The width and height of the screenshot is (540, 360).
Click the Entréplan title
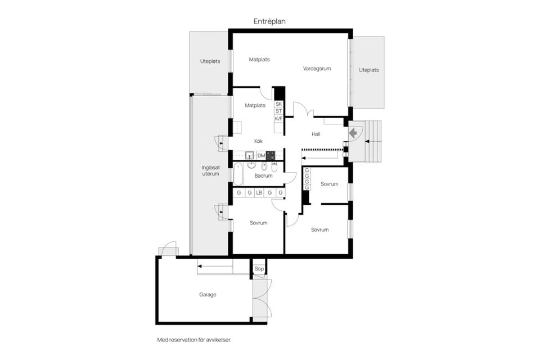coord(269,21)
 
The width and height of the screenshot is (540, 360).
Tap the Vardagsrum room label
coord(317,69)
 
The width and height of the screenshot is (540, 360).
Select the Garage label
coord(208,295)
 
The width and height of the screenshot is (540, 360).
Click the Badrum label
coord(263,175)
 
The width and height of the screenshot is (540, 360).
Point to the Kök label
coord(258,141)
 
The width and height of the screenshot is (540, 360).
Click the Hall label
coord(316,134)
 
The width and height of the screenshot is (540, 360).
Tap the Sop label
coord(259,269)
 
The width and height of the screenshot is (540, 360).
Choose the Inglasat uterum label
coord(211,171)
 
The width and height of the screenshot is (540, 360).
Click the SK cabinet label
coord(278,104)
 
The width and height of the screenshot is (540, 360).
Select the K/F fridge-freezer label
coord(278,119)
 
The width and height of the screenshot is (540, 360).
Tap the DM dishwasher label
coord(261,156)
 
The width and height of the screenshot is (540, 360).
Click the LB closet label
coord(259,193)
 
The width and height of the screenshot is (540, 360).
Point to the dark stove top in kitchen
coord(271,156)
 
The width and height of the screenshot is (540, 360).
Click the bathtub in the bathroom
coord(238,174)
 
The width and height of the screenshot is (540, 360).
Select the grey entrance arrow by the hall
coord(353,133)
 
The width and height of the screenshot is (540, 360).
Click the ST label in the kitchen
coord(278,111)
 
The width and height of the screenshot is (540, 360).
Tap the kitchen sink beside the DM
coord(249,155)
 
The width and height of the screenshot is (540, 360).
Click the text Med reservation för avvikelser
coord(194,340)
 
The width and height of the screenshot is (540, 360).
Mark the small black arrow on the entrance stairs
coord(367,141)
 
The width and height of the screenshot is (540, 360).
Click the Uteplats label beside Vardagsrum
coord(369,70)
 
